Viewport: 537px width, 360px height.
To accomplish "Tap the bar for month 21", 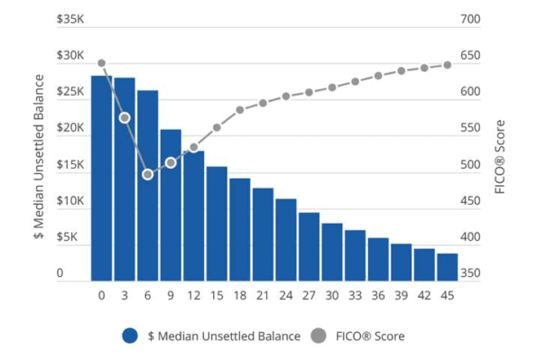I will point(263,234).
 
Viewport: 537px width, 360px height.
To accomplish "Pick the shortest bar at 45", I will point(448,266).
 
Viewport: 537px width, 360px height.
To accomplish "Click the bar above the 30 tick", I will point(332,251).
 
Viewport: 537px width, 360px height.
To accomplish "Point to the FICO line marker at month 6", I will point(148,174).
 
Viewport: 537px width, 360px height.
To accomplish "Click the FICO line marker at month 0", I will point(101,63).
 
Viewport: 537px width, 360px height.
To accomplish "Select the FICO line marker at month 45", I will point(448,65).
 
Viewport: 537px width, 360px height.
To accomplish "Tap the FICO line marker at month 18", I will point(240,110).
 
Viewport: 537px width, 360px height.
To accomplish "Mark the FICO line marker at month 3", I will point(125,118).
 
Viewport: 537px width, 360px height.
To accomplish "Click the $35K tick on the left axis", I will point(69,19).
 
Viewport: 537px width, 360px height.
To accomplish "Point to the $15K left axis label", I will point(69,165).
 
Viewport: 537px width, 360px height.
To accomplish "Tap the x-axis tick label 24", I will point(286,295).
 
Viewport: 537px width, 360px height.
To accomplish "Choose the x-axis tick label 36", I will point(378,295).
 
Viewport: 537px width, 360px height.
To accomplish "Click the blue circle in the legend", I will point(130,336).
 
